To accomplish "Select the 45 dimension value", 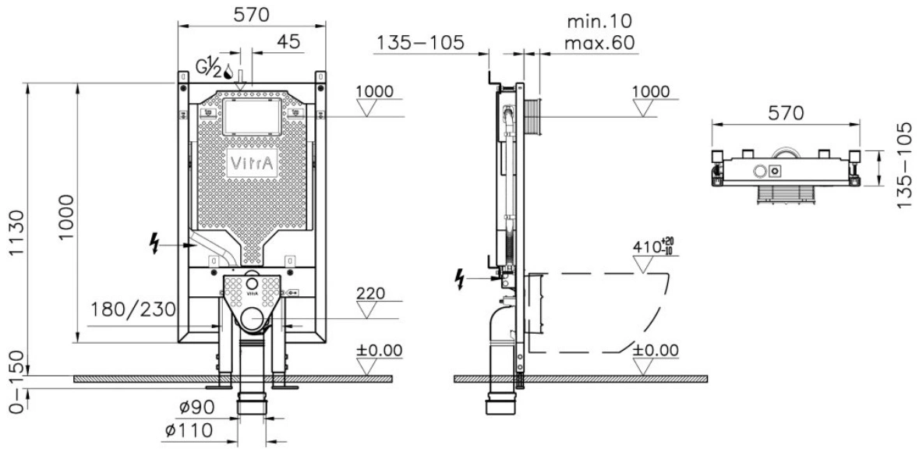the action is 287,41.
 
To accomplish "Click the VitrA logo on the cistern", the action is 250,164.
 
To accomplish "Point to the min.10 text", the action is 599,23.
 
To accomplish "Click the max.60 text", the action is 599,43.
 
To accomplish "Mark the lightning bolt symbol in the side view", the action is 461,278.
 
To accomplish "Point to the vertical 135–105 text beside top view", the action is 906,164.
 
